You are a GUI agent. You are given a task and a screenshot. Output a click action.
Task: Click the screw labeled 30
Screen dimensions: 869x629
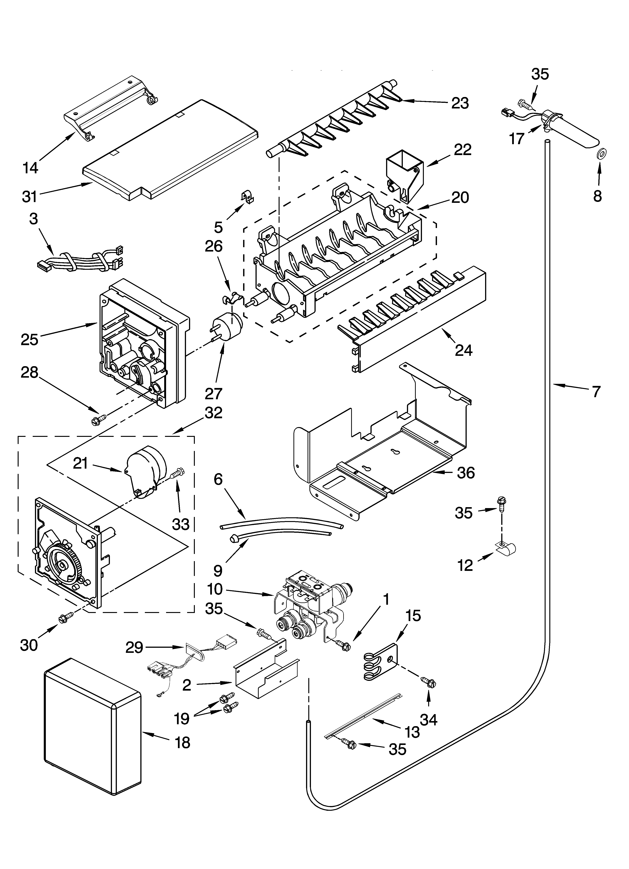pyautogui.click(x=66, y=618)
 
